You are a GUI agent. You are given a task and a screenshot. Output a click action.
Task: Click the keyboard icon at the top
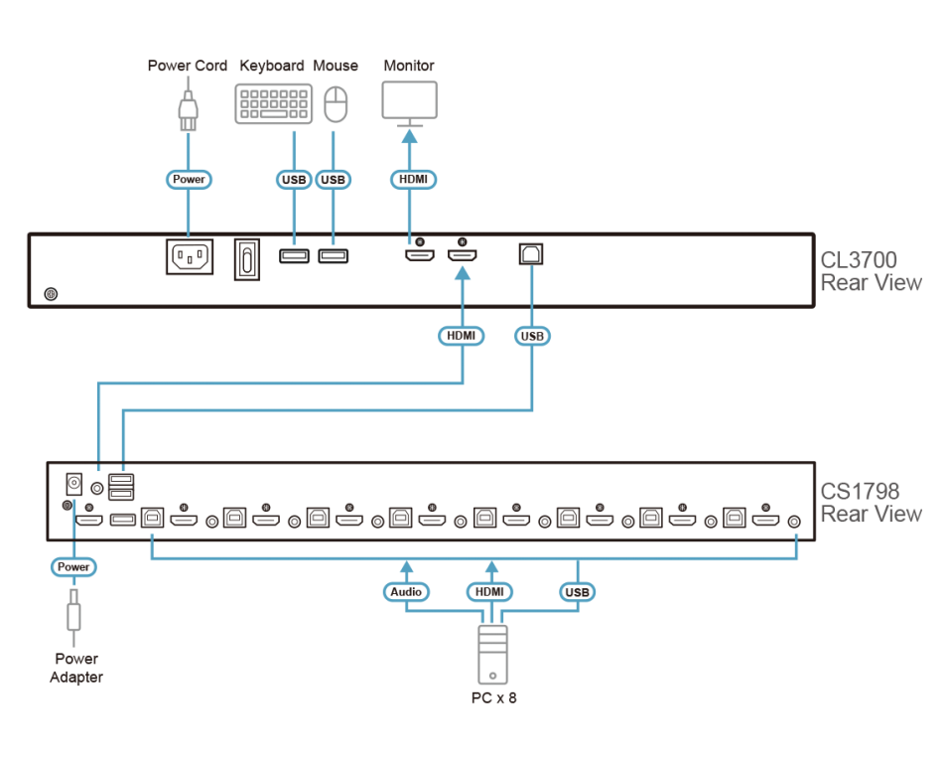click(274, 103)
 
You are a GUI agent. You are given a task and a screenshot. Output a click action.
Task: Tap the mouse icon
click(337, 103)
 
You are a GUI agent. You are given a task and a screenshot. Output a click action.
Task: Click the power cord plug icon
click(188, 108)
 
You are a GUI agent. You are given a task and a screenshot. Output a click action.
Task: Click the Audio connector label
click(405, 592)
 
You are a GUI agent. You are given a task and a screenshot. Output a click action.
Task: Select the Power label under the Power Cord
click(188, 180)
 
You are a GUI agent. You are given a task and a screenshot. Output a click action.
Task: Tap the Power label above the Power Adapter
click(73, 567)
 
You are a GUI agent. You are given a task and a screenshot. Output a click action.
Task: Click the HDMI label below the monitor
click(410, 180)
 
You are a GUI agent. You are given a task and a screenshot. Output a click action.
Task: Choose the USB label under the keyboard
click(294, 180)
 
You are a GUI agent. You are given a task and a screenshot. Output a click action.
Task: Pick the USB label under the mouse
click(334, 180)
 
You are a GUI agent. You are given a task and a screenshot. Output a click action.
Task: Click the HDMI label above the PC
click(490, 592)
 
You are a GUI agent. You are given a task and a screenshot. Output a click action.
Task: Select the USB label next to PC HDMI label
click(576, 592)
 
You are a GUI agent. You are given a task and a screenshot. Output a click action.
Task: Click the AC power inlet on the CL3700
click(189, 257)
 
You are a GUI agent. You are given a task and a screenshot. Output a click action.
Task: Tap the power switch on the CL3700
click(246, 259)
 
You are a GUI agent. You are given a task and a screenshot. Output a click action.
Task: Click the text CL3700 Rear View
click(870, 271)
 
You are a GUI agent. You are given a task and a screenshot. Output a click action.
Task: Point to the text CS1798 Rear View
click(870, 503)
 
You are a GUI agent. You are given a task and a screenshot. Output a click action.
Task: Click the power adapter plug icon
click(73, 616)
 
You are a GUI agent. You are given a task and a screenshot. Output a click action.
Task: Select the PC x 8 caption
click(493, 697)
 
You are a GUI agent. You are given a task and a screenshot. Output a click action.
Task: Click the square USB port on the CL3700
click(531, 254)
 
